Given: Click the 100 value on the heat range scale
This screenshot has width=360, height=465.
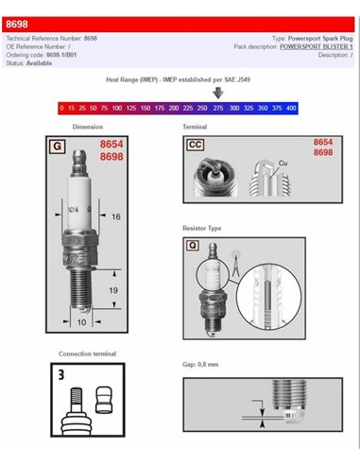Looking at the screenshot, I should pyautogui.click(x=117, y=110).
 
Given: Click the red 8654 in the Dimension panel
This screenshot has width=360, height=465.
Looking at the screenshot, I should pyautogui.click(x=112, y=145).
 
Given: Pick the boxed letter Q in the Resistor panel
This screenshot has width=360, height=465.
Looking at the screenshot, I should pyautogui.click(x=193, y=244).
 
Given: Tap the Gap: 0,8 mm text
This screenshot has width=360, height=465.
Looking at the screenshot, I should pyautogui.click(x=201, y=363).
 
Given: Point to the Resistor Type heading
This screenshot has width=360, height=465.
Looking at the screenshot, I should pyautogui.click(x=202, y=228).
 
